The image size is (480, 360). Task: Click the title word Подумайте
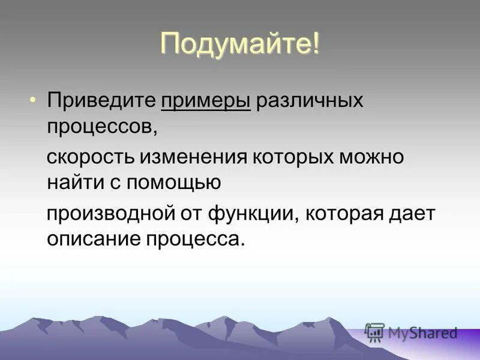pyautogui.click(x=234, y=46)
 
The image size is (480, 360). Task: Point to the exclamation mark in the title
pyautogui.click(x=314, y=46)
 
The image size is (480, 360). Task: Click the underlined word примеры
pyautogui.click(x=205, y=100)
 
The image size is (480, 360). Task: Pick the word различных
pyautogui.click(x=310, y=100)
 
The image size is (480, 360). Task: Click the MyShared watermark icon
pyautogui.click(x=374, y=332)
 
